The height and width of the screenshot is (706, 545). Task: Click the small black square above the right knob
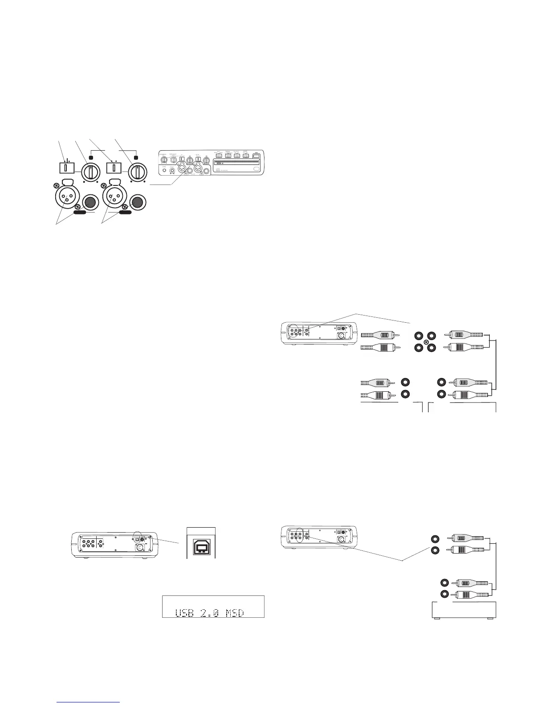(x=136, y=157)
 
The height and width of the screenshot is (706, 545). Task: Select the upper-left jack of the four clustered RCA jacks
(x=419, y=336)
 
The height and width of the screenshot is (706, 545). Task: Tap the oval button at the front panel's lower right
(x=256, y=169)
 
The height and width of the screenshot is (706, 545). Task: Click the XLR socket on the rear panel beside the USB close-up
(x=139, y=547)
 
